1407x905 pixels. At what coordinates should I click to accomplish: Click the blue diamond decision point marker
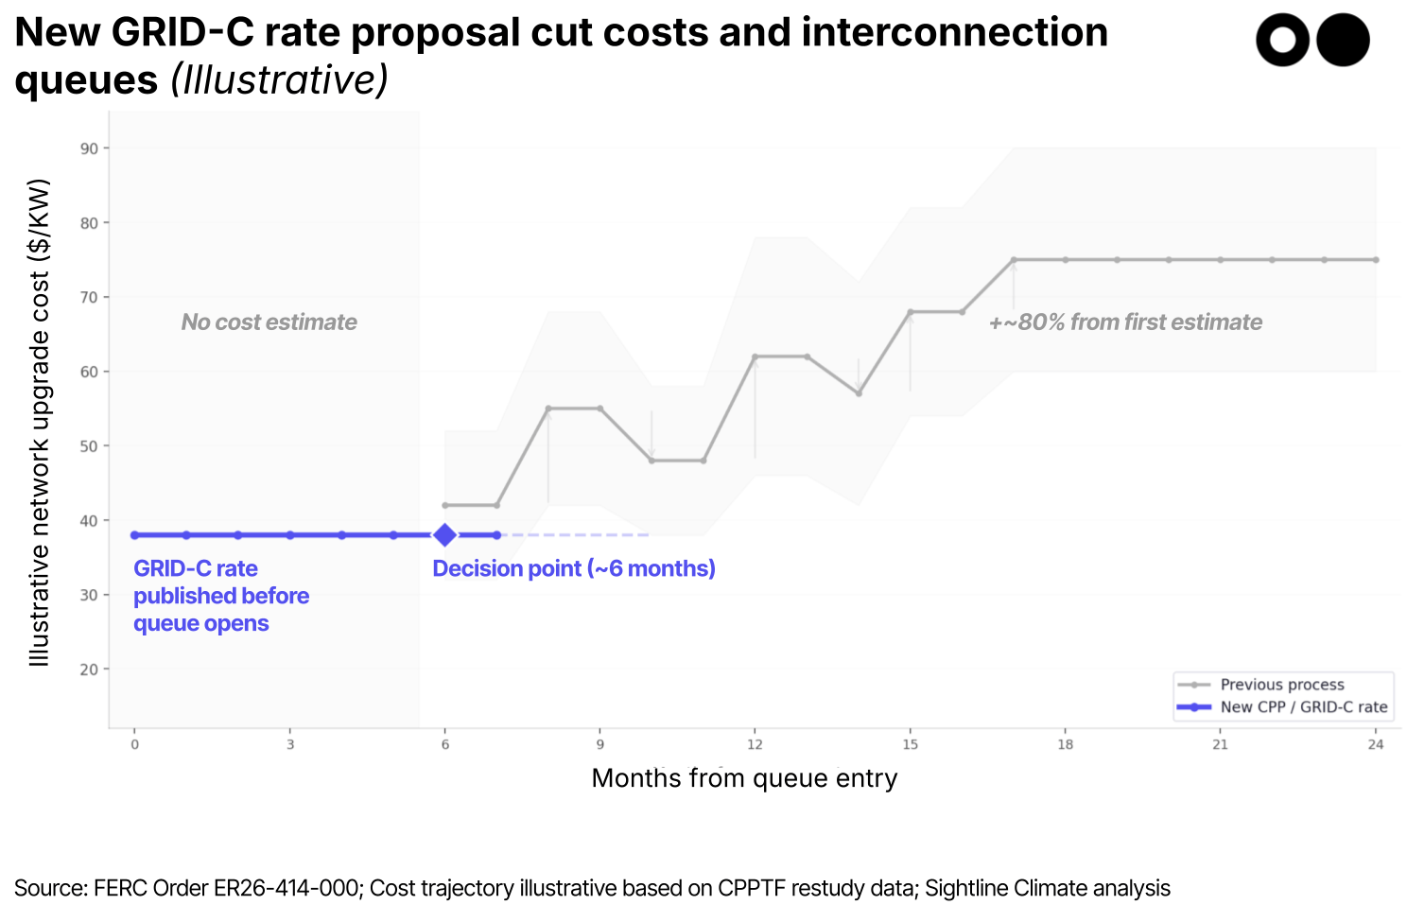[x=444, y=535]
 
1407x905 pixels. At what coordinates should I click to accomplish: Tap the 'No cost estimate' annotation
[x=269, y=322]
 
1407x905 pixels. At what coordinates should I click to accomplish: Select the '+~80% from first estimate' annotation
[x=1125, y=322]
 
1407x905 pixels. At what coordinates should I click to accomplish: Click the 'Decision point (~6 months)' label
[x=574, y=568]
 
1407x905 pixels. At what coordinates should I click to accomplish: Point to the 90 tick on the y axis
[x=89, y=148]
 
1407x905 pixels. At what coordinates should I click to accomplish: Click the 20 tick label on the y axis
[x=89, y=670]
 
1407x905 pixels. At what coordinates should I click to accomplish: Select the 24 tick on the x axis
[x=1375, y=744]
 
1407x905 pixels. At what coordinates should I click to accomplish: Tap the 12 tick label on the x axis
[x=755, y=744]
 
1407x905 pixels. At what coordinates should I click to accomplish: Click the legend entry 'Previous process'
[x=1281, y=685]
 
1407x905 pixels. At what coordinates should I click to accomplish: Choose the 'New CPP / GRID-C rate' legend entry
[x=1303, y=706]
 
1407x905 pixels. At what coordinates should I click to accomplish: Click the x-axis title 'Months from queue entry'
[x=744, y=778]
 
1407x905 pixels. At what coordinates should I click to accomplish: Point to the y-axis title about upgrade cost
[x=39, y=422]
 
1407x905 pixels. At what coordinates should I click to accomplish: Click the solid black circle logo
[x=1343, y=41]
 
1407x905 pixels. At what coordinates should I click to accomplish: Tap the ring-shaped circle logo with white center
[x=1282, y=41]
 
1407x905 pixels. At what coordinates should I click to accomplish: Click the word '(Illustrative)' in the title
[x=280, y=80]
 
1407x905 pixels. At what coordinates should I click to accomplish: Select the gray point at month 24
[x=1375, y=260]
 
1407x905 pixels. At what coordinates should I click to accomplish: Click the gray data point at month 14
[x=859, y=393]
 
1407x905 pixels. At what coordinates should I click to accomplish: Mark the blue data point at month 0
[x=135, y=535]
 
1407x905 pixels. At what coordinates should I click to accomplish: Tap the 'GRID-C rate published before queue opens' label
[x=221, y=596]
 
